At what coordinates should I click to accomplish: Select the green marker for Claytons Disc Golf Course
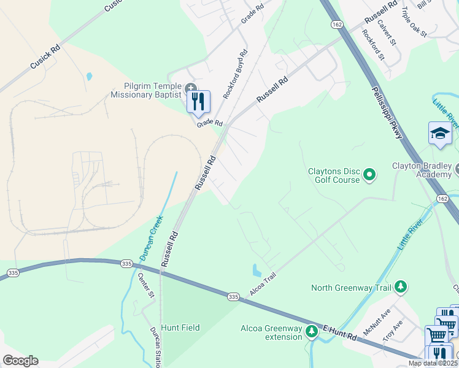pyautogui.click(x=369, y=175)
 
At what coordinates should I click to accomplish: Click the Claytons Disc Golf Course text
pyautogui.click(x=334, y=175)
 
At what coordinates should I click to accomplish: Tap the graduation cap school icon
pyautogui.click(x=440, y=134)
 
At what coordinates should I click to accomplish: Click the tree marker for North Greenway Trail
pyautogui.click(x=400, y=287)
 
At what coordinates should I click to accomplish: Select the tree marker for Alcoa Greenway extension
pyautogui.click(x=312, y=332)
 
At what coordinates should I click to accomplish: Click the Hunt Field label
pyautogui.click(x=180, y=328)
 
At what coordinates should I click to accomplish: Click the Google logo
pyautogui.click(x=20, y=361)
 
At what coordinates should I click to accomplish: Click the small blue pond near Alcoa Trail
pyautogui.click(x=256, y=270)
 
